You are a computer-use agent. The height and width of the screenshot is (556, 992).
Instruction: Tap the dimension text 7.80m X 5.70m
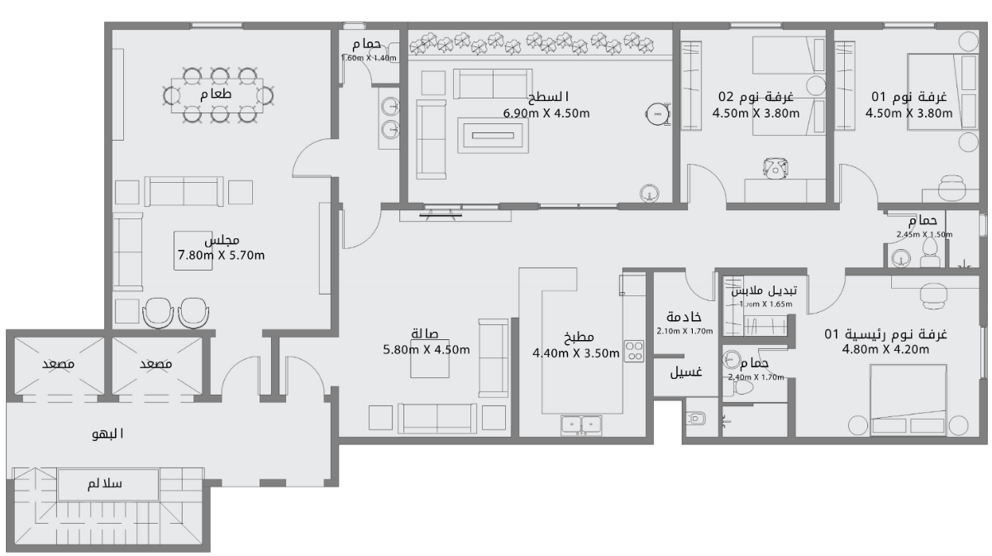[221, 255]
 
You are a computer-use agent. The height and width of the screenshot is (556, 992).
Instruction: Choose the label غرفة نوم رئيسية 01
[885, 334]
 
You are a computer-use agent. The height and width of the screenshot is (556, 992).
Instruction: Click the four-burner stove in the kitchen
[634, 351]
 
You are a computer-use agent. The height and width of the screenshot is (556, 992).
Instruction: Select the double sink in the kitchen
[582, 424]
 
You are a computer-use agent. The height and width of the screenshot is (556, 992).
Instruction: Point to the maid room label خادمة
[684, 318]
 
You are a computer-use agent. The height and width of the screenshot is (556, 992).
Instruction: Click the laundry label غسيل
[685, 372]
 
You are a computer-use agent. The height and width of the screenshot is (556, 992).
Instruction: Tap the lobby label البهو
[107, 434]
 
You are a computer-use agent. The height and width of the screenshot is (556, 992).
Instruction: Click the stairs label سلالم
[105, 484]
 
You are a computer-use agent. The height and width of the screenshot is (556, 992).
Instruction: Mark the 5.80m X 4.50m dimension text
[427, 349]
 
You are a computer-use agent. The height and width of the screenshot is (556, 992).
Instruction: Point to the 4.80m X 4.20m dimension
[885, 349]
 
